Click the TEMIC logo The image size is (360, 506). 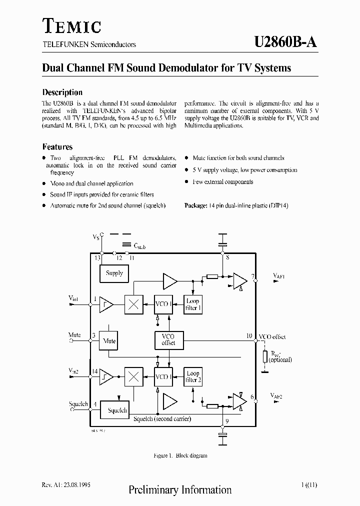coord(71,26)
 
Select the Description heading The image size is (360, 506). coord(62,92)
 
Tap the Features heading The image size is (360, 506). coord(57,147)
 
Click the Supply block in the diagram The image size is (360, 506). coord(114,273)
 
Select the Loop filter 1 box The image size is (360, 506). coord(192,304)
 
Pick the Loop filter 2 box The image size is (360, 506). coord(193,376)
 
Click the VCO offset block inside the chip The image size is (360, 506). coord(168,339)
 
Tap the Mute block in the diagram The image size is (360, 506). coord(109,341)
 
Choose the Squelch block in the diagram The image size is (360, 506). coord(117,410)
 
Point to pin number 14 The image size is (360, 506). coord(94,371)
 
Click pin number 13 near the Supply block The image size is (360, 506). coord(97,257)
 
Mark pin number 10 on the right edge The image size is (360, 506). coord(249,336)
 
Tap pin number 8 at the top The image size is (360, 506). coord(227,258)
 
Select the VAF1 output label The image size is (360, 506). coord(278,275)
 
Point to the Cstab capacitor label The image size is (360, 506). coord(139,246)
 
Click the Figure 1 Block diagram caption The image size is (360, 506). coord(180,455)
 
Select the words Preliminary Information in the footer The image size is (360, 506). coord(180,490)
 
